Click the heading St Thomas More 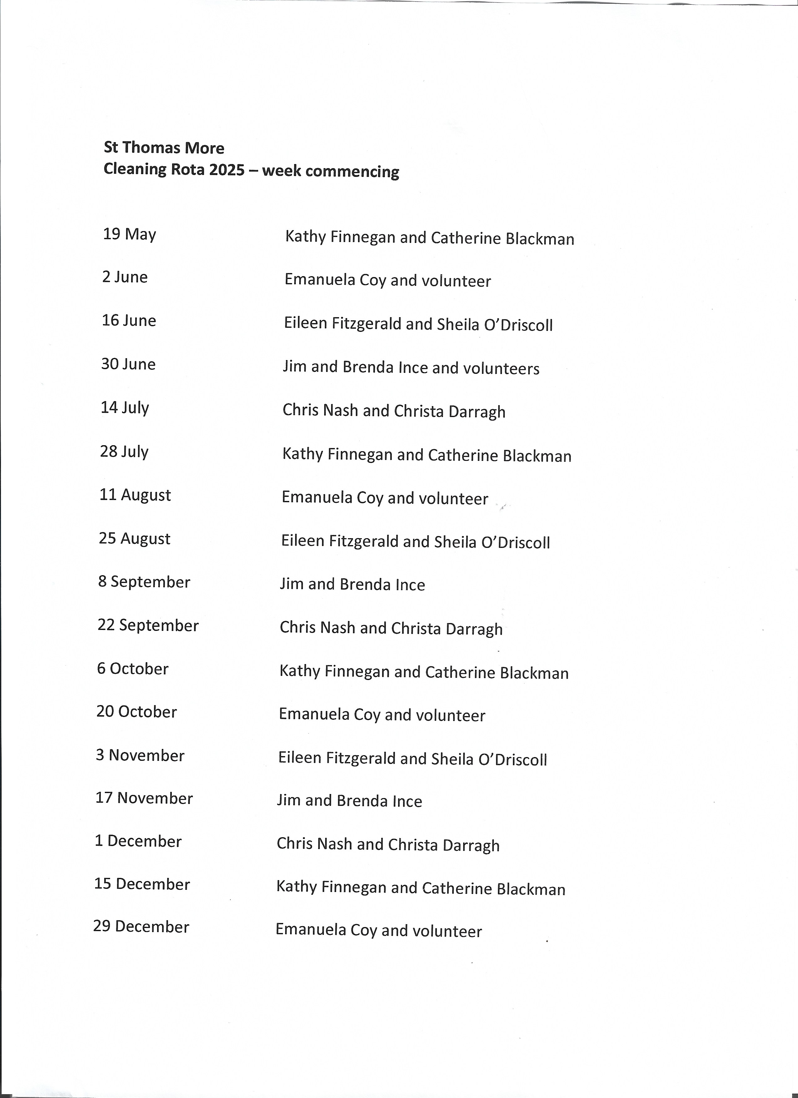[x=164, y=148]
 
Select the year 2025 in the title [x=227, y=170]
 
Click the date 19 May [x=129, y=234]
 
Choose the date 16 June [x=129, y=321]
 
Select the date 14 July [x=125, y=408]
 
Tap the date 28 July [x=124, y=451]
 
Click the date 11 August [x=135, y=495]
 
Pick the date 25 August [x=135, y=538]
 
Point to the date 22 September [x=148, y=625]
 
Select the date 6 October [x=133, y=668]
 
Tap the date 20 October [x=136, y=712]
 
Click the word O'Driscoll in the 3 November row [x=513, y=760]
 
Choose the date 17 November [x=144, y=798]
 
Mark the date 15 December [x=142, y=884]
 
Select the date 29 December [x=141, y=927]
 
